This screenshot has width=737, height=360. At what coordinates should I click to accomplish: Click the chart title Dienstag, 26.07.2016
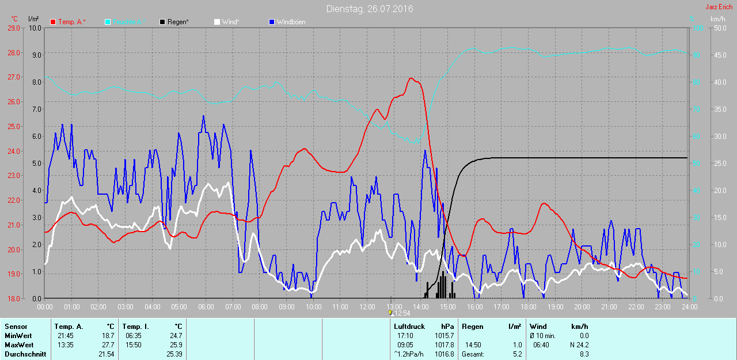(370, 9)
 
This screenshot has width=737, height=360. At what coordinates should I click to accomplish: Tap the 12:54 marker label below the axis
(401, 313)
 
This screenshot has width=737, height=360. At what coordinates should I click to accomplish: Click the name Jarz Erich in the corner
(719, 7)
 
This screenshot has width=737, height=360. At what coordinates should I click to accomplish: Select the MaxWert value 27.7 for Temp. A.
(108, 345)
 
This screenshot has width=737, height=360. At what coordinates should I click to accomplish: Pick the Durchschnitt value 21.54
(107, 354)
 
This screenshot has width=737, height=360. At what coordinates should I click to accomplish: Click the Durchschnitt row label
(25, 354)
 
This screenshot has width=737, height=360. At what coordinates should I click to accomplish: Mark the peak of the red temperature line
(411, 78)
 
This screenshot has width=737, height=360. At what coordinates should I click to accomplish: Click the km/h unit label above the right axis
(717, 19)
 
